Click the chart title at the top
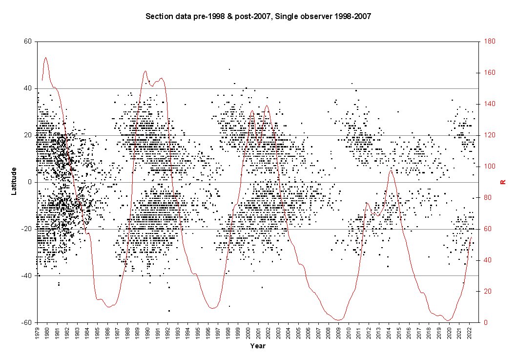coord(259,17)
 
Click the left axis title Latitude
coord(14,181)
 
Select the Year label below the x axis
coord(258,346)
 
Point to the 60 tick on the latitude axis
coord(28,42)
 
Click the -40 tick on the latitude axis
coord(27,276)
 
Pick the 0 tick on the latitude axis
coord(30,182)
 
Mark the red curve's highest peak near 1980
coord(46,57)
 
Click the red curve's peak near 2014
coord(391,170)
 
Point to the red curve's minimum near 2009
coord(338,320)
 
